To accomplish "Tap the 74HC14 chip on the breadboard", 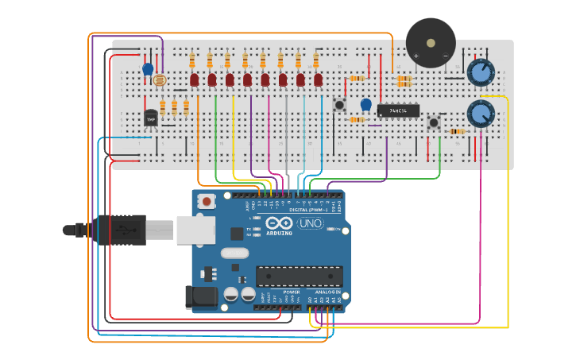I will [x=398, y=110].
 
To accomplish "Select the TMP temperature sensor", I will [x=151, y=118].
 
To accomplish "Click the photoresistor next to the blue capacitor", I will [x=160, y=79].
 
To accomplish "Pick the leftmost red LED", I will [x=195, y=79].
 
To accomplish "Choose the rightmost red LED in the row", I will [x=318, y=79].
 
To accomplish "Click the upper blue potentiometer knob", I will [x=480, y=72].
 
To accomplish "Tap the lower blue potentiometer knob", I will [x=480, y=113].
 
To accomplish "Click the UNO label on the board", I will [x=310, y=223].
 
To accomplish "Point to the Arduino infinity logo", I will [x=279, y=223].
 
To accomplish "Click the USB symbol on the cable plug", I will [x=124, y=230].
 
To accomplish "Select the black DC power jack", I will [x=200, y=296].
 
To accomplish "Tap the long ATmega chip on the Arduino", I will [x=299, y=276].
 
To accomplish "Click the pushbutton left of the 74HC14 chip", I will [x=340, y=105].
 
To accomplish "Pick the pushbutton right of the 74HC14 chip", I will [x=434, y=123].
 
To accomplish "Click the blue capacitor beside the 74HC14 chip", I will [x=365, y=104].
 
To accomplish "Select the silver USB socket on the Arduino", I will [x=195, y=230].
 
